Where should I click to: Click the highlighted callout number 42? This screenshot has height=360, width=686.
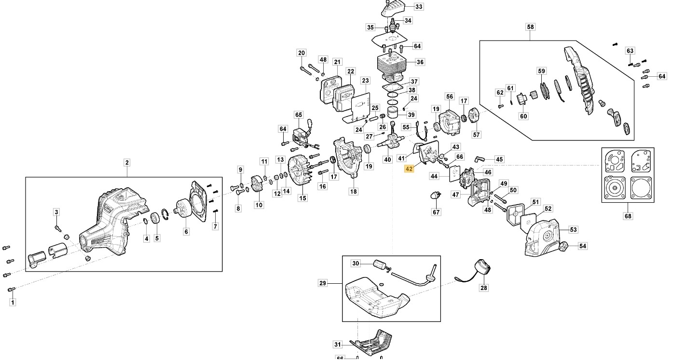409,169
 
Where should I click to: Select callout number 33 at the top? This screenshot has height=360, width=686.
418,7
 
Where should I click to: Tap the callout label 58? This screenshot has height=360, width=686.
531,27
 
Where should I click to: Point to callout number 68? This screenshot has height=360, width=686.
628,216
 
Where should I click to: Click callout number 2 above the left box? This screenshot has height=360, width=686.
127,163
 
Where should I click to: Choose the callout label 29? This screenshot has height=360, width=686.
323,283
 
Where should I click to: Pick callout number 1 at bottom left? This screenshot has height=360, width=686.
13,303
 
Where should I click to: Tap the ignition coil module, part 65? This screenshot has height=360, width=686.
300,134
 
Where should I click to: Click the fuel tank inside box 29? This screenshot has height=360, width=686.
376,296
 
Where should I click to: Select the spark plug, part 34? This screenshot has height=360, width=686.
394,24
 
